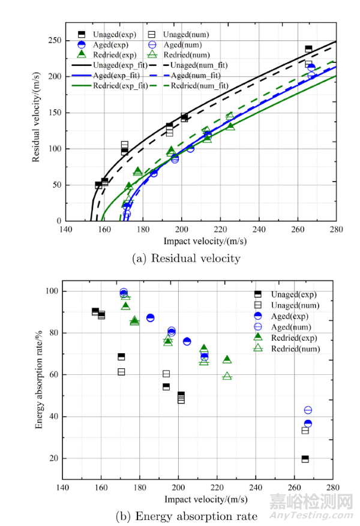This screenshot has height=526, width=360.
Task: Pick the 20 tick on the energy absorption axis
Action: coord(54,459)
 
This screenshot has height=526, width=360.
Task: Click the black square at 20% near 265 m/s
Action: coord(305,459)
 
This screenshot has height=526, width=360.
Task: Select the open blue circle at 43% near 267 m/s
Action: coord(308,410)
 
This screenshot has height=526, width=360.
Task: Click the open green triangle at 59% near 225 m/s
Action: coord(227,376)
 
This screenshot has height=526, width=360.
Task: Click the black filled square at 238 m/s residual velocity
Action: coord(308,49)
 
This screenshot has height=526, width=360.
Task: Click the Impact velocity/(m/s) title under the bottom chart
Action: coord(197,499)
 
